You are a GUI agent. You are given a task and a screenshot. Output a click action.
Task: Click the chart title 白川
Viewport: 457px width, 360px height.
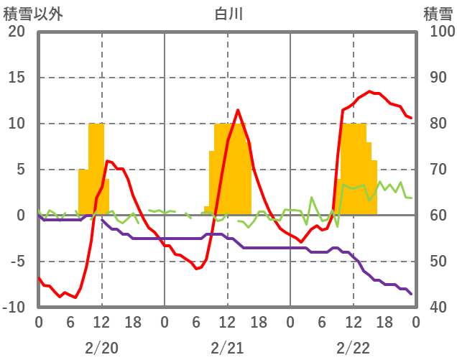pos(228,14)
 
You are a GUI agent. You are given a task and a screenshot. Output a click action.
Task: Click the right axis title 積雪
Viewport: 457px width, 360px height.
pos(436,14)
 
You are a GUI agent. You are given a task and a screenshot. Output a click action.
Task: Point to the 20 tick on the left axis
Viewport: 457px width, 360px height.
pos(17,32)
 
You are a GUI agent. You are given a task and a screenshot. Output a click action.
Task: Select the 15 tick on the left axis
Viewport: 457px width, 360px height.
pos(17,78)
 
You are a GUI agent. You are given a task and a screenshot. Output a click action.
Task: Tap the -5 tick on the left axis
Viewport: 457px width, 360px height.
pos(17,262)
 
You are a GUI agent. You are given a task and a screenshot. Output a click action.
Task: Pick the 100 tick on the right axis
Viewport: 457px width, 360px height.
pos(438,32)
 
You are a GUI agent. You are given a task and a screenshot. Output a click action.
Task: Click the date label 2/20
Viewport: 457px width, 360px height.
pos(101,348)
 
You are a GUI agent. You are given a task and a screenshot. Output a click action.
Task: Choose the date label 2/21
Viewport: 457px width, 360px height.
pos(227,348)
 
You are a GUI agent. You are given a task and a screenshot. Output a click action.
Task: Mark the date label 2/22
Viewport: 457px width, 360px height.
pos(353,348)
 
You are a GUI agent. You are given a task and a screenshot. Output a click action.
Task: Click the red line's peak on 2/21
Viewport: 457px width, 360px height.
pos(238,110)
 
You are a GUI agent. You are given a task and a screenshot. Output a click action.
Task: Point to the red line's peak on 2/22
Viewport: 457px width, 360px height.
pos(369,91)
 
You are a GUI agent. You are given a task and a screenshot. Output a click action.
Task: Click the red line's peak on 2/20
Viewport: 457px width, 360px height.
pos(107,160)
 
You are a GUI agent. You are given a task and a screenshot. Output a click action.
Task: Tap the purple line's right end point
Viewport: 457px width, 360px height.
pos(411,294)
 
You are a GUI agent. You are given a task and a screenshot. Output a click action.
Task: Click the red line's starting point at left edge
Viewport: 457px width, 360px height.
pos(39,277)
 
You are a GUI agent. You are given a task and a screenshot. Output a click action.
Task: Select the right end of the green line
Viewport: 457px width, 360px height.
pos(411,198)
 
